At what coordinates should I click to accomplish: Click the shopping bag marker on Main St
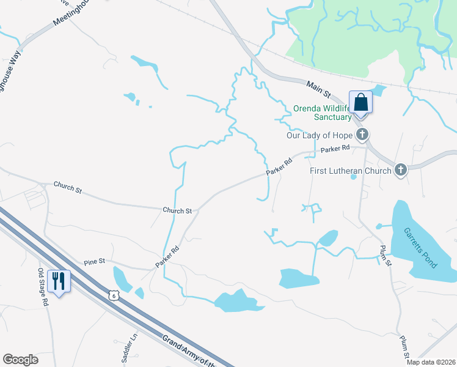pos(360,102)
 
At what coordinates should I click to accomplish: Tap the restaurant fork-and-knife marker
pos(59,281)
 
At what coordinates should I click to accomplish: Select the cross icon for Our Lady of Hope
pos(362,135)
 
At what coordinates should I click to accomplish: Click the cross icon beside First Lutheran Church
pos(400,170)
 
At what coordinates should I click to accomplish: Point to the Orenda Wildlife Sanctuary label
pos(323,112)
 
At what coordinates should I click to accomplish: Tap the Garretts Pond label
pos(420,248)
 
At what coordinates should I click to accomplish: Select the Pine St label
pos(95,261)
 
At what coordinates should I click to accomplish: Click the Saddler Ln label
pos(130,345)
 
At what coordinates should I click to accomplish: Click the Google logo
pos(20,360)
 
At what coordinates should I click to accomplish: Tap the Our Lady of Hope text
pos(320,135)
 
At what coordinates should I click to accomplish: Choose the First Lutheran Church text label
pos(350,171)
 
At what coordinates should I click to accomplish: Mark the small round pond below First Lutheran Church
pos(353,177)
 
